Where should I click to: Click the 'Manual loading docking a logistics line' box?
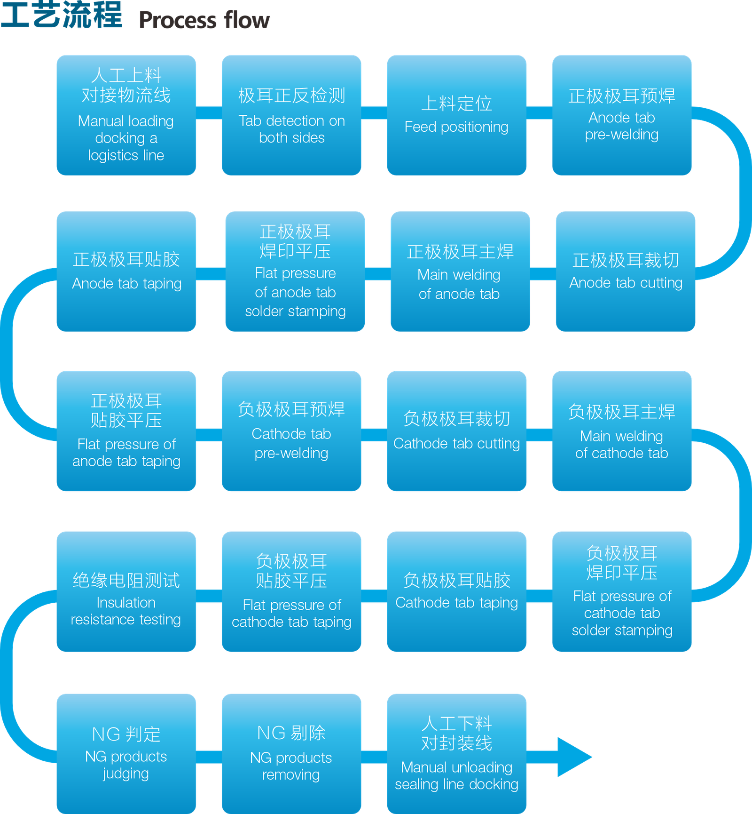[126, 115]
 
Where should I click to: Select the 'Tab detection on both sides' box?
[291, 115]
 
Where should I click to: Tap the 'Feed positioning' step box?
[457, 115]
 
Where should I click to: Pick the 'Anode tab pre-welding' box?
[622, 115]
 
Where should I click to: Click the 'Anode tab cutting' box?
[626, 271]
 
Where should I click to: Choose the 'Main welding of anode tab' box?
[461, 271]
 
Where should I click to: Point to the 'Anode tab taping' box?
[126, 271]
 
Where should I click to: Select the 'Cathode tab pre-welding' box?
[291, 431]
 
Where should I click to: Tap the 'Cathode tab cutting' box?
[457, 431]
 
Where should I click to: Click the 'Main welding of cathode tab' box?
[622, 431]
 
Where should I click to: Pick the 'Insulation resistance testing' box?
[126, 591]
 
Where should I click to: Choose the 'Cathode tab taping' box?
[457, 591]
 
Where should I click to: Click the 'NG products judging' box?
[126, 754]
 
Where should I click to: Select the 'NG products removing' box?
[291, 754]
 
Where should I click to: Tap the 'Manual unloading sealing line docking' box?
[457, 754]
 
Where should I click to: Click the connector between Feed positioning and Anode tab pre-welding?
[539, 113]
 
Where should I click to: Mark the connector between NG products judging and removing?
[209, 757]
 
